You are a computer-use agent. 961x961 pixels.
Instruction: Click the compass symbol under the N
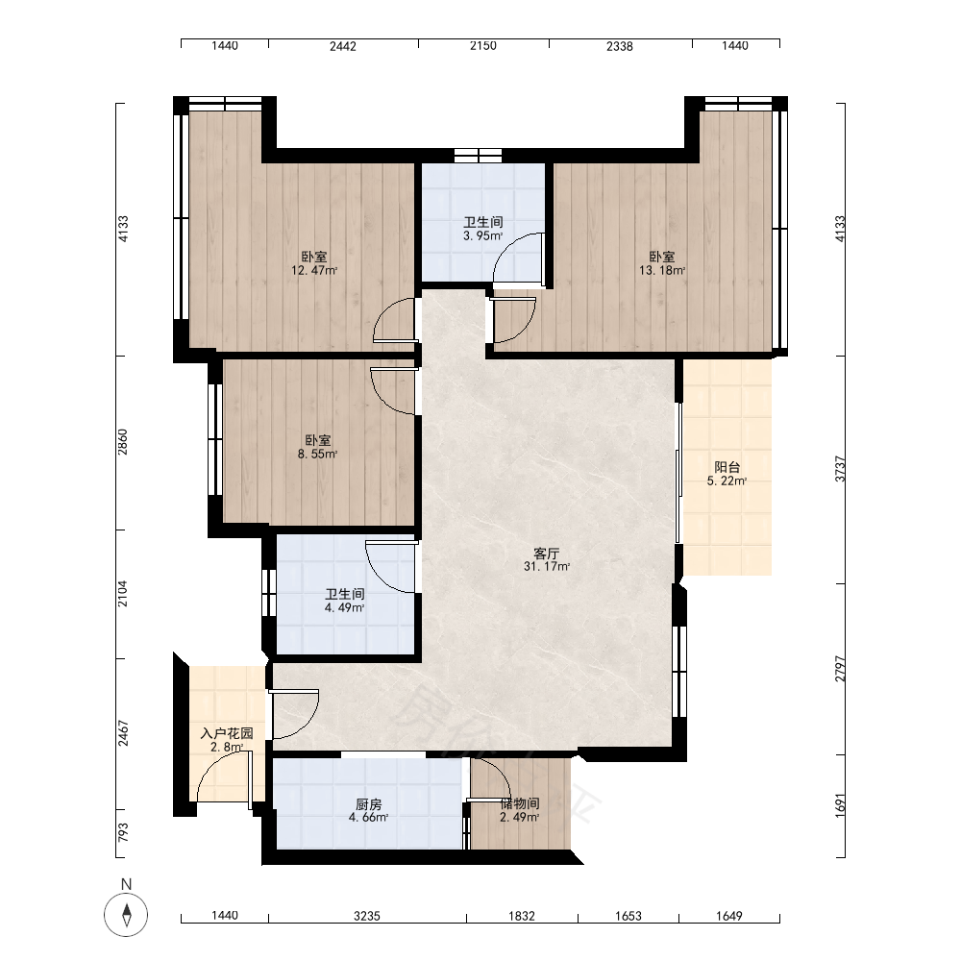pyautogui.click(x=126, y=915)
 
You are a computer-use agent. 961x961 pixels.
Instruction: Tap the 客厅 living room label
pyautogui.click(x=546, y=554)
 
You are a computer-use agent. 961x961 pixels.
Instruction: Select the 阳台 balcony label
pyautogui.click(x=727, y=468)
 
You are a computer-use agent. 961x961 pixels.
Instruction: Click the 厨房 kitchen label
pyautogui.click(x=368, y=804)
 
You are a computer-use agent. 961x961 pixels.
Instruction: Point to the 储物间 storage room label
pyautogui.click(x=520, y=803)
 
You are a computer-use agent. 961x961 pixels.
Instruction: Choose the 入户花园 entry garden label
pyautogui.click(x=227, y=733)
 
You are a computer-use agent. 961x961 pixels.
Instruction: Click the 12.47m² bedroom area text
pyautogui.click(x=314, y=270)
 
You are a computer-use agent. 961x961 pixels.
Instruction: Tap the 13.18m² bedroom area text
pyautogui.click(x=662, y=270)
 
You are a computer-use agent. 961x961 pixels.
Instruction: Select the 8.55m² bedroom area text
pyautogui.click(x=317, y=455)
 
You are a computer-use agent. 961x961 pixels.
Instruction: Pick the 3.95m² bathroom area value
pyautogui.click(x=483, y=236)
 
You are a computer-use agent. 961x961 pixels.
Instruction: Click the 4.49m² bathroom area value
pyautogui.click(x=344, y=608)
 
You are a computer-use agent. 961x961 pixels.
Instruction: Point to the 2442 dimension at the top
pyautogui.click(x=343, y=46)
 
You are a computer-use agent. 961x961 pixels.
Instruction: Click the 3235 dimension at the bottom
pyautogui.click(x=367, y=916)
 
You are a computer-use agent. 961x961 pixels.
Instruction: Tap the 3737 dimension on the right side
pyautogui.click(x=840, y=469)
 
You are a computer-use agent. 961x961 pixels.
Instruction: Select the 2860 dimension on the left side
pyautogui.click(x=123, y=442)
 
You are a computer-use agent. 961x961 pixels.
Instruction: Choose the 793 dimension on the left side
pyautogui.click(x=123, y=831)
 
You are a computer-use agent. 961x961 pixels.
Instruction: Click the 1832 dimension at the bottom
pyautogui.click(x=522, y=916)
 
